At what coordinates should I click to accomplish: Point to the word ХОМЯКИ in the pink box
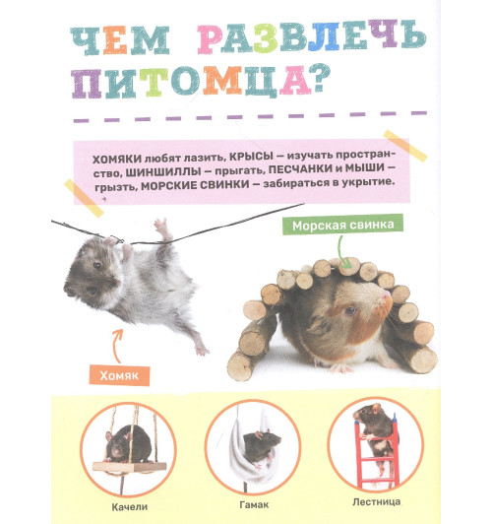click(x=115, y=158)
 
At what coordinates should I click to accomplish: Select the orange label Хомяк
click(x=116, y=375)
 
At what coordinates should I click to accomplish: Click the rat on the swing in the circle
click(x=125, y=440)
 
